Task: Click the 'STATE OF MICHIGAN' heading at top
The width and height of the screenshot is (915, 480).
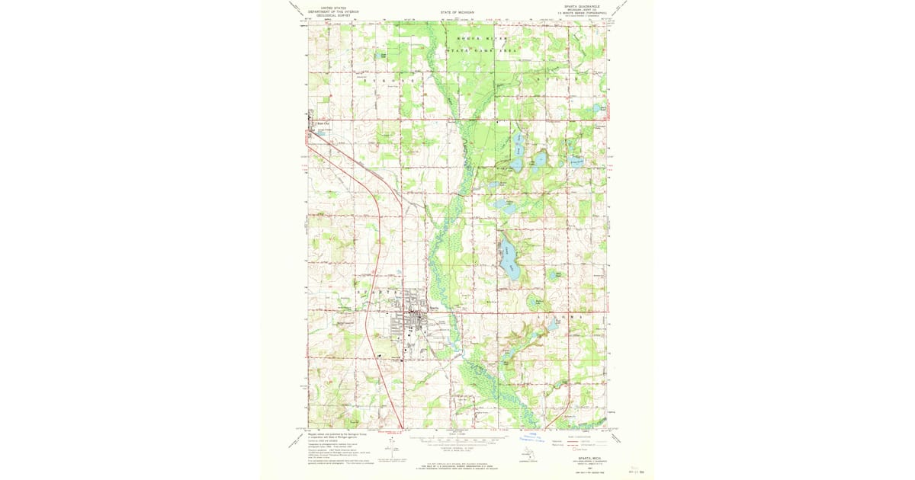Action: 457,13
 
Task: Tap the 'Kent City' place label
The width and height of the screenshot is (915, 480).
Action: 322,123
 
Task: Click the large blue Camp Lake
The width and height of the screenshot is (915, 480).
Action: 509,259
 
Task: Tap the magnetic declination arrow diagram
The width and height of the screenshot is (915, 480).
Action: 392,446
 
